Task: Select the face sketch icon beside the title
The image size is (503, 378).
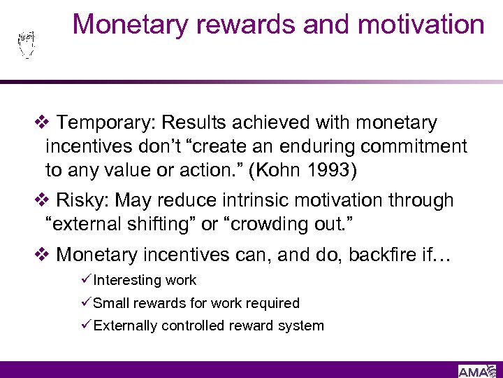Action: click(x=26, y=45)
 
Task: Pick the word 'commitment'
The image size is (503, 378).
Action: click(x=425, y=146)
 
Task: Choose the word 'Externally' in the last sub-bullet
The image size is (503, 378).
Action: click(x=126, y=325)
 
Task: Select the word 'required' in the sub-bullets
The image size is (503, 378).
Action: click(x=274, y=303)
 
